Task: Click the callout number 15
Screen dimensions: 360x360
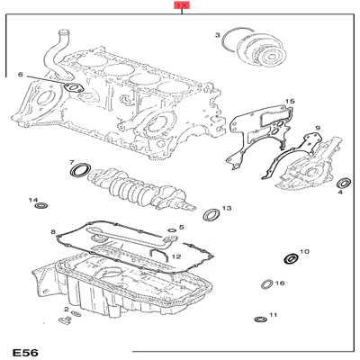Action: [289, 102]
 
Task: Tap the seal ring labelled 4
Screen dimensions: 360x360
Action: [341, 184]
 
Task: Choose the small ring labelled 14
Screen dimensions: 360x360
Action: [40, 209]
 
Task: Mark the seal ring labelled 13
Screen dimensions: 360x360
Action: [211, 214]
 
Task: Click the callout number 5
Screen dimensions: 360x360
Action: [181, 228]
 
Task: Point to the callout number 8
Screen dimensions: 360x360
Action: [53, 232]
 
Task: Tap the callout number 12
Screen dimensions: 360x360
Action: [176, 257]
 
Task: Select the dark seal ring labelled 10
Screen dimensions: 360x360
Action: [290, 259]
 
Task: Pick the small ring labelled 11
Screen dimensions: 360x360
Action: [259, 317]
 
